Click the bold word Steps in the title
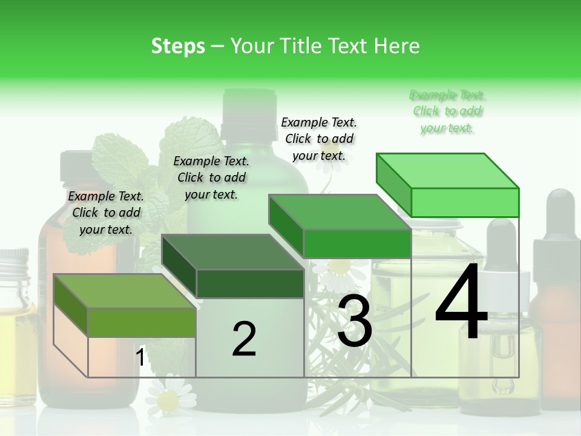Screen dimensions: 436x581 (x=177, y=46)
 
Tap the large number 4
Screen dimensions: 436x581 (x=461, y=303)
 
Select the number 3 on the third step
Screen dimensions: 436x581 (x=355, y=321)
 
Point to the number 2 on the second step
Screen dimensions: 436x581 (x=244, y=339)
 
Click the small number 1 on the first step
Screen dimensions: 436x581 (x=140, y=358)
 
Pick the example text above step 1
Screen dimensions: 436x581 (x=106, y=213)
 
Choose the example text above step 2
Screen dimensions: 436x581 (x=211, y=177)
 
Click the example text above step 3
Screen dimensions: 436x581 (x=319, y=139)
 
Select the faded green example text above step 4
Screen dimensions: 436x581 (x=447, y=111)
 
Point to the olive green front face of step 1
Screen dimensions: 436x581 (x=142, y=322)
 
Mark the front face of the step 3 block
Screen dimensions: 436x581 (x=357, y=243)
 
